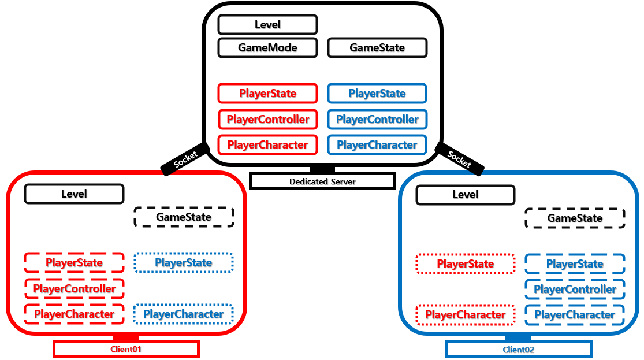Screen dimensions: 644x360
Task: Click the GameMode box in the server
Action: point(268,47)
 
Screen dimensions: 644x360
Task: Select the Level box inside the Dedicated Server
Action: point(268,25)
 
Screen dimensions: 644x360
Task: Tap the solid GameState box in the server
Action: point(377,47)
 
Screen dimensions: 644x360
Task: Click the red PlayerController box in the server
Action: point(268,119)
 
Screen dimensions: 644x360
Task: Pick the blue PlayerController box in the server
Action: point(377,119)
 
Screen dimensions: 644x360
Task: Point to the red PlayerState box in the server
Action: point(268,93)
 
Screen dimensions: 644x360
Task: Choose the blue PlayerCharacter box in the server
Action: point(377,144)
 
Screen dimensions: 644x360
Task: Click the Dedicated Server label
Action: point(322,181)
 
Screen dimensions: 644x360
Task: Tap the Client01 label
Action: point(126,349)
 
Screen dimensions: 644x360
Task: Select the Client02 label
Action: point(519,350)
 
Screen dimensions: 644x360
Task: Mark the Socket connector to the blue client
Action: point(459,159)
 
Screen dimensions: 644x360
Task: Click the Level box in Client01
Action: point(75,194)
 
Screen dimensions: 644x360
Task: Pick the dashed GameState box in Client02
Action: point(575,218)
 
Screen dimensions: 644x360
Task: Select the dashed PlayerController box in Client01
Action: point(75,288)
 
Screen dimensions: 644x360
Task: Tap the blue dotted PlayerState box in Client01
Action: point(184,262)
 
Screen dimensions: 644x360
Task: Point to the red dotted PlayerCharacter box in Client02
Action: point(466,315)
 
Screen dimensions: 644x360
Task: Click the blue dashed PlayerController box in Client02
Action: point(575,290)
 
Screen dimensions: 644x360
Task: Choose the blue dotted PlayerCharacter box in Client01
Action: point(184,314)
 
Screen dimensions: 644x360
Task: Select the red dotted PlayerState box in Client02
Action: point(466,264)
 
